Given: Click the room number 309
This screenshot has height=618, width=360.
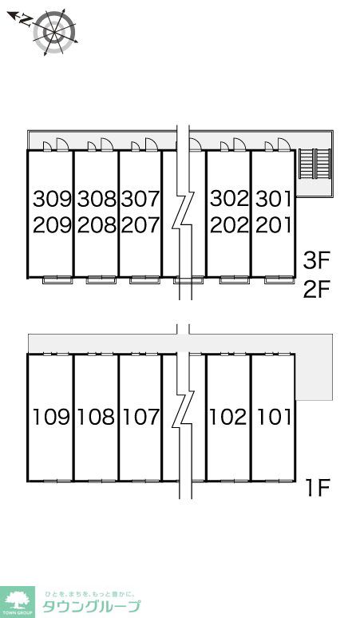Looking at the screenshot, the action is point(53,199).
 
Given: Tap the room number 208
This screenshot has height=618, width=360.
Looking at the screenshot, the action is point(97,225).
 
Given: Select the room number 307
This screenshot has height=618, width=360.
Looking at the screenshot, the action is point(140,199).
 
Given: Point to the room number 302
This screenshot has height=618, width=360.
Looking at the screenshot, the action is point(229,199).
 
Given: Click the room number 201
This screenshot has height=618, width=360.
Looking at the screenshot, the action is point(274,225).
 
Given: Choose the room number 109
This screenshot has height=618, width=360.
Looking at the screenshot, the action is point(51,417).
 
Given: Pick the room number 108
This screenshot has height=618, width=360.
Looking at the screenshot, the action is point(96,417).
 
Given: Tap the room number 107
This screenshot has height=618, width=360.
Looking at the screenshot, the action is point(140,417).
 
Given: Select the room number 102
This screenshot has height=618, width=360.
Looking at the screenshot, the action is point(228,417).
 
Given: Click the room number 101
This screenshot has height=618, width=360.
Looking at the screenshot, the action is point(274,417).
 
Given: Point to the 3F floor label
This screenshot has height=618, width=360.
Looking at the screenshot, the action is point(316,260).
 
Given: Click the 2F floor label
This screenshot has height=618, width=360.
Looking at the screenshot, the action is point(316,289).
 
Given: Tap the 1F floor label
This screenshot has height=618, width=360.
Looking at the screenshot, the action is point(318,488).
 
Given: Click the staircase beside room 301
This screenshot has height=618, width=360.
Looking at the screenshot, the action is point(315,164).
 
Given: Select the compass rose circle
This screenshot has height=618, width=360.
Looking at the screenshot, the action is point(54,31).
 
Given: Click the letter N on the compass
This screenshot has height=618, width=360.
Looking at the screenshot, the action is point(26,20).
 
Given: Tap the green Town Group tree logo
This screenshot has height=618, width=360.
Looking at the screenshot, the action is point(17,602).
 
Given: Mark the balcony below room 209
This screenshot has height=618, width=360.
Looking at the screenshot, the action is point(57,279).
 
